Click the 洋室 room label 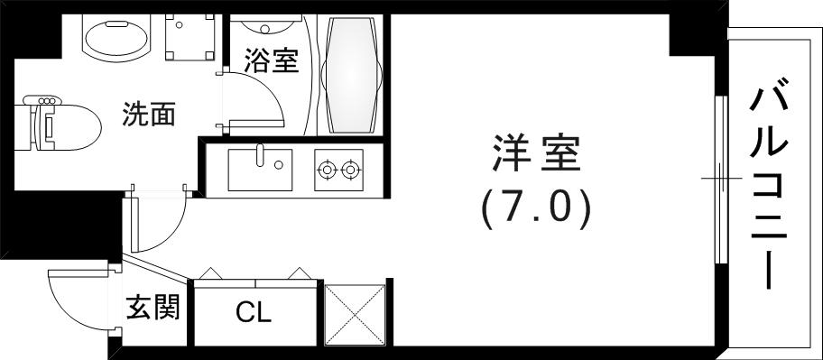pyautogui.click(x=536, y=156)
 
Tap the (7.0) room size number pyautogui.click(x=536, y=208)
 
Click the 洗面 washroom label pyautogui.click(x=149, y=115)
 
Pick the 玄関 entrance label pyautogui.click(x=153, y=308)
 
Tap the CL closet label pyautogui.click(x=254, y=313)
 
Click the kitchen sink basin pyautogui.click(x=260, y=171)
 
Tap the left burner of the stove pyautogui.click(x=327, y=168)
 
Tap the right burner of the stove pyautogui.click(x=350, y=168)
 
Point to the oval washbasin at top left pyautogui.click(x=118, y=37)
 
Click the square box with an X pyautogui.click(x=356, y=313)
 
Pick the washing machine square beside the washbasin pyautogui.click(x=190, y=35)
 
